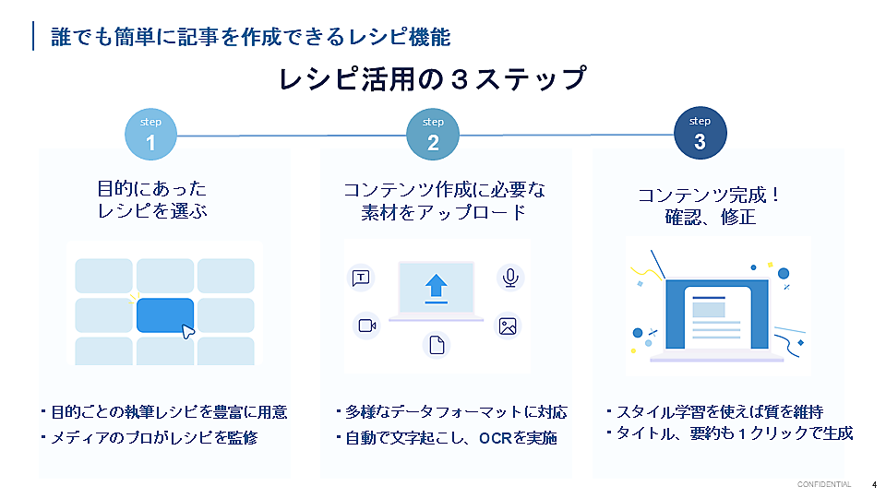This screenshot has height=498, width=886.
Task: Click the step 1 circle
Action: click(x=150, y=135)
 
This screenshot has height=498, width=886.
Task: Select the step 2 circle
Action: click(x=433, y=135)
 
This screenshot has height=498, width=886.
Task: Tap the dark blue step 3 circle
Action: click(x=700, y=133)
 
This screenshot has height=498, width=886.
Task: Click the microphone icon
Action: click(x=510, y=278)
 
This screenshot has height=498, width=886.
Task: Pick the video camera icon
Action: click(x=367, y=326)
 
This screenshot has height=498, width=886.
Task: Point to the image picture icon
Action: click(x=508, y=326)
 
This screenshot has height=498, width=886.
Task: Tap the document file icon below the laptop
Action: click(x=437, y=344)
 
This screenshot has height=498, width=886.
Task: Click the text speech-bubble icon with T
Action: click(x=361, y=278)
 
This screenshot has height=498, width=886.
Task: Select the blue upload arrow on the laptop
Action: click(x=437, y=288)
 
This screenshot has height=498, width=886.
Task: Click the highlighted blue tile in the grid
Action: click(x=165, y=315)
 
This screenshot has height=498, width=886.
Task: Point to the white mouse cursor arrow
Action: click(x=187, y=331)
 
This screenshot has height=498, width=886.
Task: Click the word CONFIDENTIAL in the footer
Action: click(x=824, y=484)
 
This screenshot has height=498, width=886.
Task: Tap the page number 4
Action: click(x=874, y=485)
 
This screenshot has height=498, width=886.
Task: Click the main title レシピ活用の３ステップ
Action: click(x=433, y=78)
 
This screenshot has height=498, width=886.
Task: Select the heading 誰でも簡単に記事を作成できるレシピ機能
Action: click(x=251, y=37)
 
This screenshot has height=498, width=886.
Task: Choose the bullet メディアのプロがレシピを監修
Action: click(x=150, y=437)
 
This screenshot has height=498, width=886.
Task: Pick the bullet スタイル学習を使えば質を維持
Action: click(x=715, y=411)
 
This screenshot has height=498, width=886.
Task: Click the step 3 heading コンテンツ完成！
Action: click(x=710, y=195)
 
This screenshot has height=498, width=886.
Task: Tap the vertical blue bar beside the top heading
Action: click(x=33, y=36)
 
